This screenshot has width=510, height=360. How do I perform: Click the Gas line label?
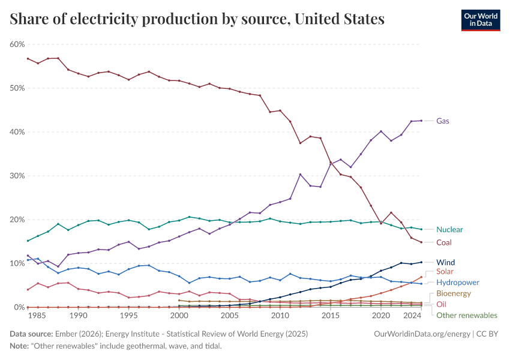pyautogui.click(x=443, y=121)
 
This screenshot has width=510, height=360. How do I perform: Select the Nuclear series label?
pyautogui.click(x=449, y=229)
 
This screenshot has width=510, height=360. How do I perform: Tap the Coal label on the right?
pyautogui.click(x=444, y=242)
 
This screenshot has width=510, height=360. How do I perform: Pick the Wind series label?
pyautogui.click(x=445, y=262)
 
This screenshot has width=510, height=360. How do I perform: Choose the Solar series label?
pyautogui.click(x=445, y=272)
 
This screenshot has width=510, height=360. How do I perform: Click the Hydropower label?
pyautogui.click(x=457, y=282)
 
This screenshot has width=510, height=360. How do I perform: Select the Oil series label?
pyautogui.click(x=441, y=304)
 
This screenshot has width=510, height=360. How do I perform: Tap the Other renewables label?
pyautogui.click(x=466, y=315)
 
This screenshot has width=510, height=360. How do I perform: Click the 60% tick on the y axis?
pyautogui.click(x=17, y=44)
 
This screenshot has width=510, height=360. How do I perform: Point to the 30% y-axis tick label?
pyautogui.click(x=17, y=176)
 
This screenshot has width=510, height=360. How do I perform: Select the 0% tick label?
pyautogui.click(x=19, y=307)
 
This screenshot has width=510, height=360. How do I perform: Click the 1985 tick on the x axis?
pyautogui.click(x=37, y=315)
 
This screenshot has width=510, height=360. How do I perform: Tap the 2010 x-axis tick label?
pyautogui.click(x=280, y=315)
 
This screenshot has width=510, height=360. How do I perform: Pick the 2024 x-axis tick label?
pyautogui.click(x=412, y=315)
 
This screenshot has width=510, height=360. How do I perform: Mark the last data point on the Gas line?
pyautogui.click(x=421, y=121)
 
